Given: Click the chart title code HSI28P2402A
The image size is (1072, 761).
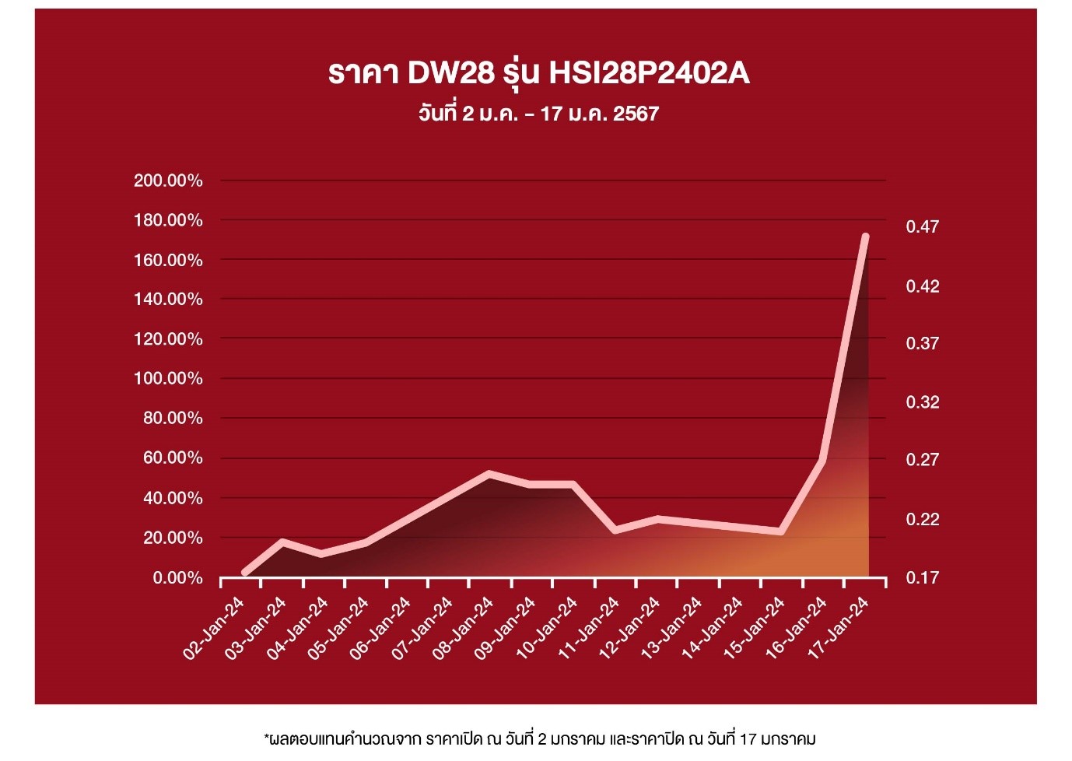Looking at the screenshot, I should [649, 73].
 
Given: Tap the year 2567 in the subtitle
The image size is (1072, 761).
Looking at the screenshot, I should [636, 114].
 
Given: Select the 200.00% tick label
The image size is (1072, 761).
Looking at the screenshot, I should [168, 181].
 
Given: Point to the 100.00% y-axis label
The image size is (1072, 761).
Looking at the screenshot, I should [168, 379].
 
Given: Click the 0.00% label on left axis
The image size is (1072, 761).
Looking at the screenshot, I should [177, 578].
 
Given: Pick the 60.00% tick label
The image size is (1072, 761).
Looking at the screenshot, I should [173, 458].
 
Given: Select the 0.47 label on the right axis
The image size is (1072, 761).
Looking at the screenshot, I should [923, 227].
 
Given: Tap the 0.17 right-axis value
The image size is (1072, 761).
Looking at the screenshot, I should [923, 577].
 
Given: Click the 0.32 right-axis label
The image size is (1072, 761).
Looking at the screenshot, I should [923, 402].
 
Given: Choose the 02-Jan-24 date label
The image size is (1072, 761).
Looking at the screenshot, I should [214, 629].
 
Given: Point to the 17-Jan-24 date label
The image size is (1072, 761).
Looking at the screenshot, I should [838, 629].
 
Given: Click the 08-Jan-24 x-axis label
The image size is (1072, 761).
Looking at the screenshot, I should [464, 629].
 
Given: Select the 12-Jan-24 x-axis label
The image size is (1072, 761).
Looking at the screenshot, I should [629, 629].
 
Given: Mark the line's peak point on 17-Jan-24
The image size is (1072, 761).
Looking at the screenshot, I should [865, 237].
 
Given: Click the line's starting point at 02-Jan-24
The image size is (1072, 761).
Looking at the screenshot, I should [245, 573].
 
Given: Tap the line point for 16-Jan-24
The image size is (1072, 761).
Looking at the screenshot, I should [822, 461].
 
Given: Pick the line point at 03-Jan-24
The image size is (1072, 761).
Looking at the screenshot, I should [283, 542].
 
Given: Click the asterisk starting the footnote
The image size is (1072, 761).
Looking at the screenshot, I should [267, 735].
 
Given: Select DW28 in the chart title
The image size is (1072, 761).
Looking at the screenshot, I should [451, 73].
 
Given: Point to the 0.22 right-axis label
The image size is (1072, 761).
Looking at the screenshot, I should [923, 519].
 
